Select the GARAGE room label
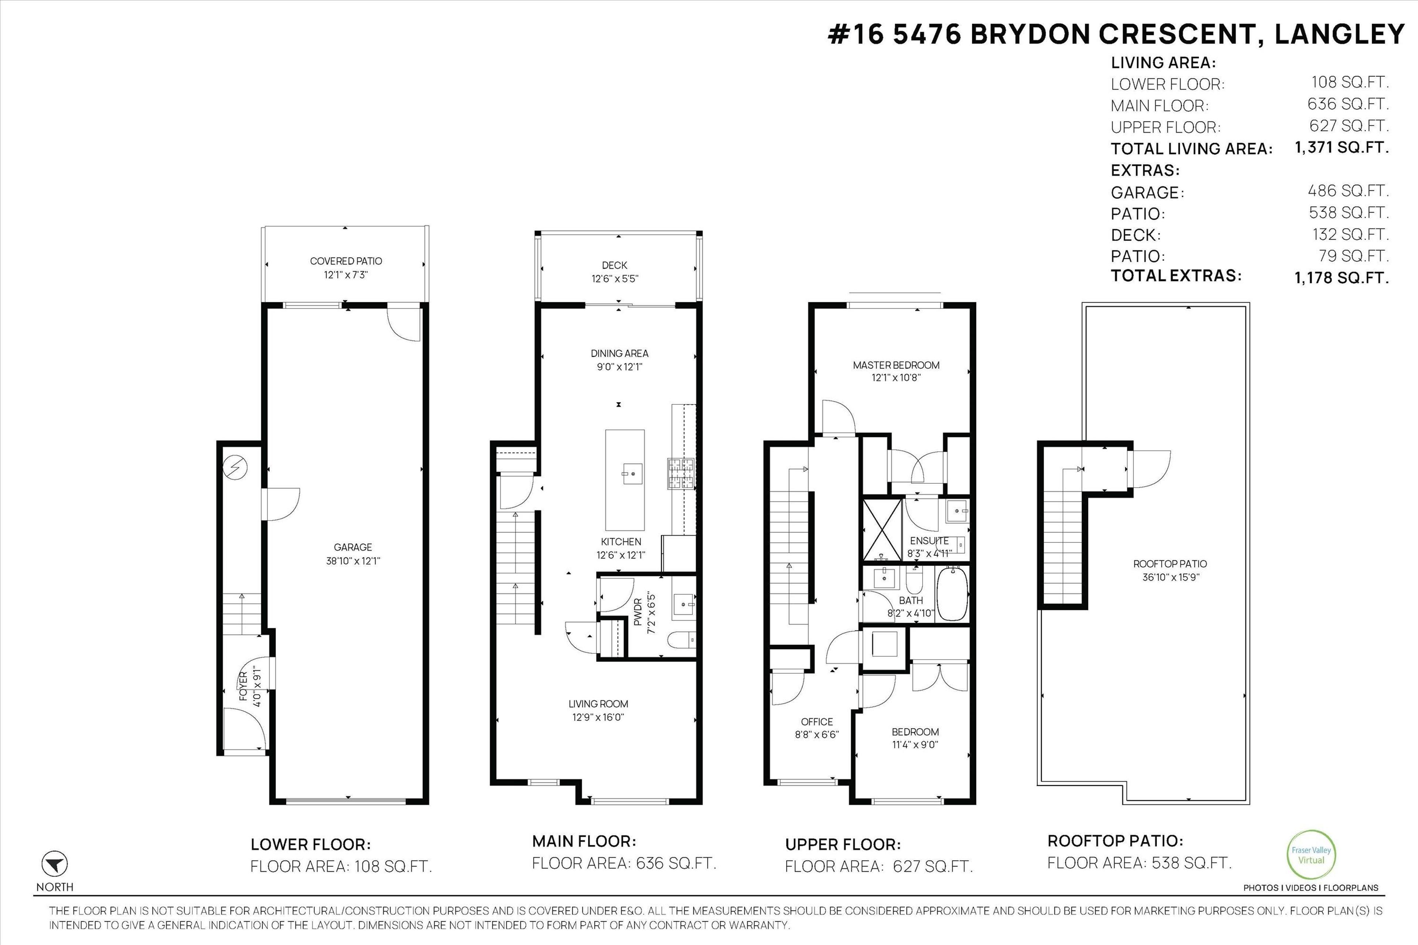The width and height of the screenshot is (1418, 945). [x=353, y=547]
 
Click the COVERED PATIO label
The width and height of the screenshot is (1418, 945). [x=346, y=261]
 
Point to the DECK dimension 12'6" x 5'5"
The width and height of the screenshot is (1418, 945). [x=614, y=278]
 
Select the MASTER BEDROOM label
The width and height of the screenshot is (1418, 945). [x=896, y=365]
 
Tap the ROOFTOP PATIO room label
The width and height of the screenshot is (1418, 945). [x=1169, y=564]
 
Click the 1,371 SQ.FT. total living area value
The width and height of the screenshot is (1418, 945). [x=1342, y=147]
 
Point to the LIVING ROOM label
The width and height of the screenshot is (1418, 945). [x=598, y=704]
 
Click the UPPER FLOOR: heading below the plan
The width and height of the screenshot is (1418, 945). [x=842, y=844]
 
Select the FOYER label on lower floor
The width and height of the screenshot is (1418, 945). [x=244, y=686]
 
